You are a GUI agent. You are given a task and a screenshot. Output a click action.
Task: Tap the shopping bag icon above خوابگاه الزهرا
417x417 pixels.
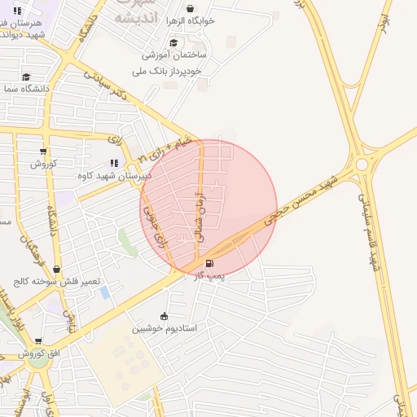click(x=191, y=9)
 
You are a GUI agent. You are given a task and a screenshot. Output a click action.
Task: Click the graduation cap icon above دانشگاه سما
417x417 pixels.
click(x=26, y=77)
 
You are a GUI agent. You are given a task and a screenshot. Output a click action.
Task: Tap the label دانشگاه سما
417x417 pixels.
click(x=25, y=88)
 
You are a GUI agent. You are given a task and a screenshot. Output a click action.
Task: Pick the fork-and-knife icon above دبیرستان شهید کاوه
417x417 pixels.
click(x=113, y=163)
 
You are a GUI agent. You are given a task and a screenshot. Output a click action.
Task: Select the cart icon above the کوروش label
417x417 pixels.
click(x=43, y=151)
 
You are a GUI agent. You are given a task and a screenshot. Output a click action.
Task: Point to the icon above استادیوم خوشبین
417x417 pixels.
click(x=165, y=316)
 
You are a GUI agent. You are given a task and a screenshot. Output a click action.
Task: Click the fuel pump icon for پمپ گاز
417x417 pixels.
click(x=211, y=264)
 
